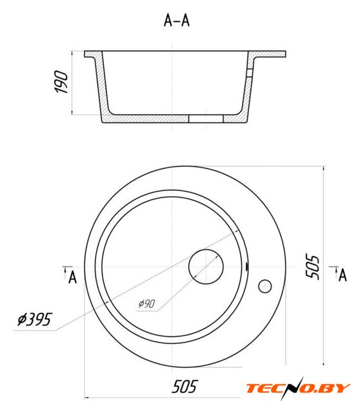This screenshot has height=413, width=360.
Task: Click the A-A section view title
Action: (x=177, y=20)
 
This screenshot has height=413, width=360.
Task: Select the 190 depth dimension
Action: (x=61, y=82)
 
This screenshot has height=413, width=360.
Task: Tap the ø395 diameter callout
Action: (x=35, y=319)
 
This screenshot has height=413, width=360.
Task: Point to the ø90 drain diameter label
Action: (x=146, y=304)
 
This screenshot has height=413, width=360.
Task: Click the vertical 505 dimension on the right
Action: (x=312, y=266)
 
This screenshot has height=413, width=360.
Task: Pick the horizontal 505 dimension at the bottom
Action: (x=185, y=387)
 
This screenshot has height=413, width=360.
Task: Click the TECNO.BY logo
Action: (x=298, y=388)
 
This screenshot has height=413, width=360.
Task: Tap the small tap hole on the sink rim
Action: (x=265, y=287)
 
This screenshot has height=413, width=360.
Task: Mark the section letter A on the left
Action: (x=72, y=277)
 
